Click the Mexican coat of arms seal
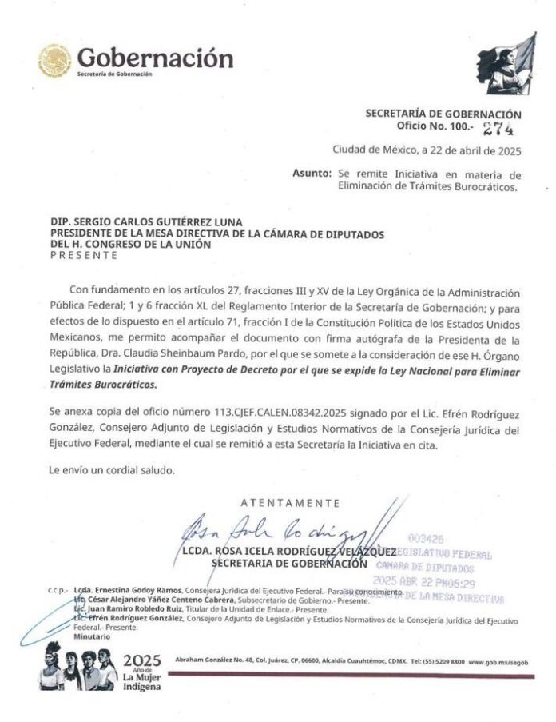[x=55, y=61]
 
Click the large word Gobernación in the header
[x=155, y=58]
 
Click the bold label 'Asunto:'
[x=312, y=174]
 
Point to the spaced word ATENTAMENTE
[x=289, y=503]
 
